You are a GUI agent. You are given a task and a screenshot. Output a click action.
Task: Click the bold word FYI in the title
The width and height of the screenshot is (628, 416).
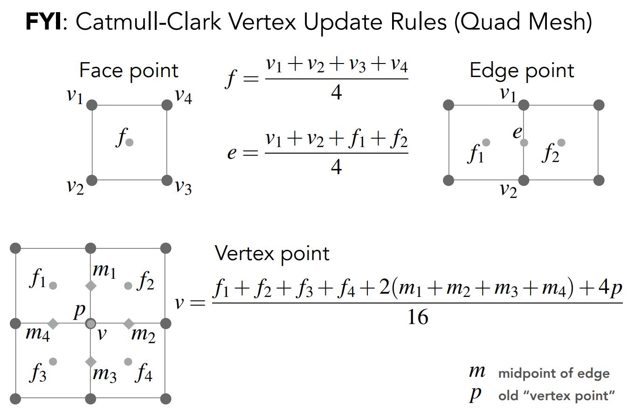[43, 22]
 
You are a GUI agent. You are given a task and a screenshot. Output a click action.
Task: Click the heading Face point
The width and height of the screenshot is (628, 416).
[129, 71]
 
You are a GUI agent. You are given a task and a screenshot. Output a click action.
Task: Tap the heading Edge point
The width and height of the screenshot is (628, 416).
[522, 71]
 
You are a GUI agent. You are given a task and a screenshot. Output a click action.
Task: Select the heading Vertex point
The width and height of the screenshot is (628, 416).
[272, 253]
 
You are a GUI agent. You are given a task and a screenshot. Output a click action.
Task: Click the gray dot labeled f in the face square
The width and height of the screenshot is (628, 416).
[130, 142]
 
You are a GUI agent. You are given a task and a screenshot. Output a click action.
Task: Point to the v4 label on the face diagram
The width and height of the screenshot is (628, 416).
[184, 96]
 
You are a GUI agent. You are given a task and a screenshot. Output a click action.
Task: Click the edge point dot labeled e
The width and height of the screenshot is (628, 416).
[524, 142]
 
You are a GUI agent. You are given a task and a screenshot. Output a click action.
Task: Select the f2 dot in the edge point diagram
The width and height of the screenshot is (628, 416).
[561, 142]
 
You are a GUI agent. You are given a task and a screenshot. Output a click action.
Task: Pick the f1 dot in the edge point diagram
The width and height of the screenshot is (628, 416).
[486, 142]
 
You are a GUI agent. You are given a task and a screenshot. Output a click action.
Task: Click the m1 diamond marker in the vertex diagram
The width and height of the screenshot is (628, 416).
[91, 286]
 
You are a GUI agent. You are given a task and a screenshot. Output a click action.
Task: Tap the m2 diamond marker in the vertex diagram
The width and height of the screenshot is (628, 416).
[129, 323]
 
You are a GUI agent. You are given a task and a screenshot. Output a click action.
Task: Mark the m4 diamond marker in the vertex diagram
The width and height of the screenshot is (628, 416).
[53, 323]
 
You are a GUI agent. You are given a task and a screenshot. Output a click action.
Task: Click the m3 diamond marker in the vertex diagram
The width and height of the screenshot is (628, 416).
[91, 361]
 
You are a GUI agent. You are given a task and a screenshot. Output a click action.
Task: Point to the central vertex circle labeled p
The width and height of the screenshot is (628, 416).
[91, 323]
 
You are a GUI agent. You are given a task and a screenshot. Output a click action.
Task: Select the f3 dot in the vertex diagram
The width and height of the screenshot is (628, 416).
[53, 361]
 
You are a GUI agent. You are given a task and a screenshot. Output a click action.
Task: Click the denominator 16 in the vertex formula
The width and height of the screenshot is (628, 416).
[418, 318]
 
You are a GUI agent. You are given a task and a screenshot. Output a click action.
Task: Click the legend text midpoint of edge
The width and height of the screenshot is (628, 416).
[553, 374]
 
